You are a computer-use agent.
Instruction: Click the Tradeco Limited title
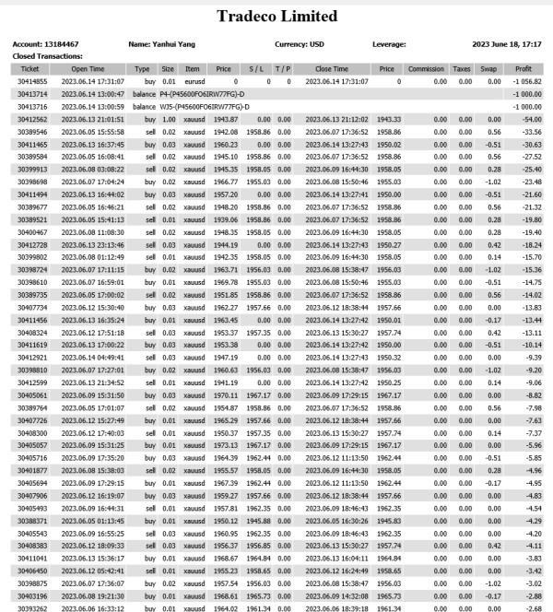[276, 17]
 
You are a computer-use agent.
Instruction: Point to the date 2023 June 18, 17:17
[504, 44]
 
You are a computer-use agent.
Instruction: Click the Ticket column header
[29, 68]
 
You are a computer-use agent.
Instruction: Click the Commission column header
[426, 68]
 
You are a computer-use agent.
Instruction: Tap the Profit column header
[524, 68]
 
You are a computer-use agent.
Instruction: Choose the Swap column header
[488, 68]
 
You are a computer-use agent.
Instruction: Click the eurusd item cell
[193, 81]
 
